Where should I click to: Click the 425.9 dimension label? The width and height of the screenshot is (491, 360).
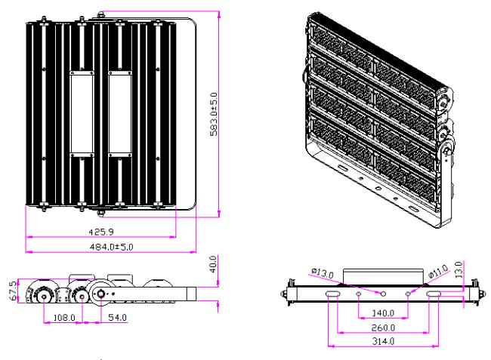tap(101, 232)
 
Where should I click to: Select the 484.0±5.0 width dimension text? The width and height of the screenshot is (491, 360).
tap(112, 247)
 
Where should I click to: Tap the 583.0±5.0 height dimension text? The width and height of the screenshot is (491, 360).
tap(214, 114)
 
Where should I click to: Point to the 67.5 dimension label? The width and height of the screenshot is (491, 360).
tap(13, 291)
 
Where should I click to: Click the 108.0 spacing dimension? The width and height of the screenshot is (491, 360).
tap(64, 318)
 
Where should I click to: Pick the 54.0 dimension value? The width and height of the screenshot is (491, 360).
tap(117, 318)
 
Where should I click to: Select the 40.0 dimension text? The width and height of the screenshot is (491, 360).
tap(212, 264)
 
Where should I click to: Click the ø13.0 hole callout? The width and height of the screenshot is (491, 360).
tap(323, 273)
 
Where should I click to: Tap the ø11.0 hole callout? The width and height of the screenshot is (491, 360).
tap(438, 271)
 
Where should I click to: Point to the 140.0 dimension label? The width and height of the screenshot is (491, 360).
tap(383, 312)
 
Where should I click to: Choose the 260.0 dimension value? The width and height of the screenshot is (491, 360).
tap(383, 328)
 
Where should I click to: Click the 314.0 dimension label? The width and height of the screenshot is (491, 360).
tap(383, 341)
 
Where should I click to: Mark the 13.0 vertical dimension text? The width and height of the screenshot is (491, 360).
tap(459, 270)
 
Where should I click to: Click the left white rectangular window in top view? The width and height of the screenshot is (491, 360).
tap(82, 114)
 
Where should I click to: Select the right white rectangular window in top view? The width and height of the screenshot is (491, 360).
tap(120, 114)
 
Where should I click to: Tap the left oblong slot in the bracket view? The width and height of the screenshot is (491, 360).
tap(332, 294)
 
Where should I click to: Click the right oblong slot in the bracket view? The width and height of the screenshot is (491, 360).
tap(434, 294)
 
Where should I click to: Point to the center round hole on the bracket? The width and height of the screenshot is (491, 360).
tap(383, 294)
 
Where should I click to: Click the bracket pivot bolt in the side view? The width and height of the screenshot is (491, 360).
tap(100, 294)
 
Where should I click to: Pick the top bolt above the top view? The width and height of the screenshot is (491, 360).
tap(100, 14)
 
